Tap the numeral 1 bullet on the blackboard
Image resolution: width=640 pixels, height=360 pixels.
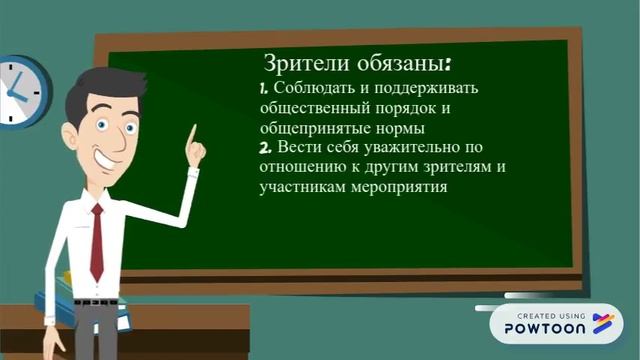tap(262, 91)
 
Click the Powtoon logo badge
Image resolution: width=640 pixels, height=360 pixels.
tap(555, 322)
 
